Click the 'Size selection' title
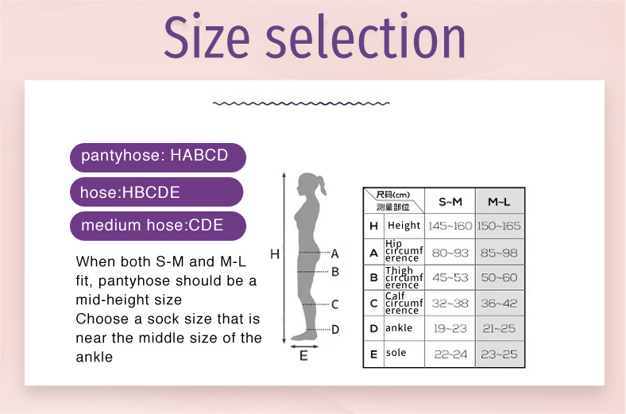coord(315,37)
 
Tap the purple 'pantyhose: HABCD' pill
coord(158,157)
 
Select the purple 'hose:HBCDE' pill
coord(156,192)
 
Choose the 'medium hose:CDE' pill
coord(158,226)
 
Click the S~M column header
coord(450,202)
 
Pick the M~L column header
coord(499,202)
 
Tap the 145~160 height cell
coord(450,226)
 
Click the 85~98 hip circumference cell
coord(499,253)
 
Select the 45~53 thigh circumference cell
coord(450,277)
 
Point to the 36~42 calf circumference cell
coord(499,304)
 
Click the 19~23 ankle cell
coord(450,328)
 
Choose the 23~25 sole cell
coord(499,354)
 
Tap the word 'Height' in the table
coord(404,226)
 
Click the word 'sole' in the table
coord(396,353)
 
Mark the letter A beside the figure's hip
coord(335,253)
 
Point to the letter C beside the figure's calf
coord(335,304)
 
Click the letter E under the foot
coord(303,356)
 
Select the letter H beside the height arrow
coord(275,254)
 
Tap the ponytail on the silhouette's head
coord(322,185)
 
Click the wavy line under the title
coord(301,104)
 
